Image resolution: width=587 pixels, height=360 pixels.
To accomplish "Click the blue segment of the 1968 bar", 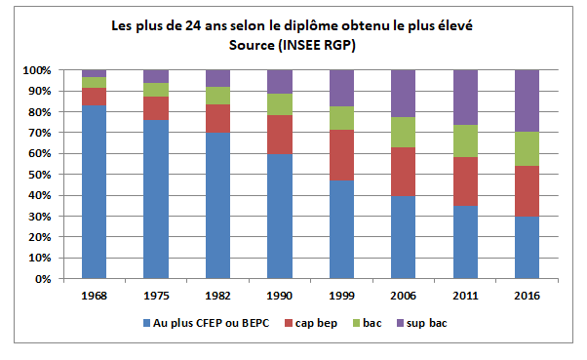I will click(x=95, y=191).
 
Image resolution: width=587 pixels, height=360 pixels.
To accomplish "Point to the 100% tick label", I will click(x=36, y=70).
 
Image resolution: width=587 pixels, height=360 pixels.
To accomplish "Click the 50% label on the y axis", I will click(x=39, y=175).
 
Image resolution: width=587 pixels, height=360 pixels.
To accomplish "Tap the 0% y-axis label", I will click(x=42, y=279).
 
